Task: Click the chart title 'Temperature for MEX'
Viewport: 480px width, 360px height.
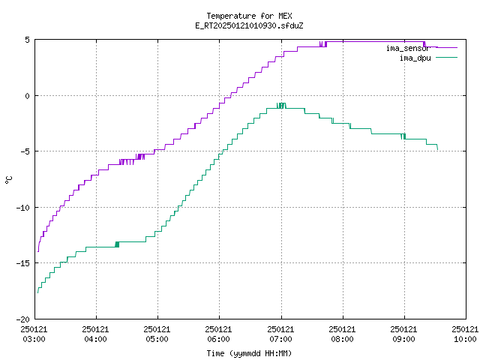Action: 249,16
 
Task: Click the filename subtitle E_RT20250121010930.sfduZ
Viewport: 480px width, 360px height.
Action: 249,25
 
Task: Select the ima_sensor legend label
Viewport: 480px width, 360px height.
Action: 408,48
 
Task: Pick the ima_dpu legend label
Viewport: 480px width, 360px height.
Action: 415,58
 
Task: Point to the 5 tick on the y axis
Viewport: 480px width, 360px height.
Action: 28,40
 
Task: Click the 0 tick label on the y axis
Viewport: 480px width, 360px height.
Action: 28,96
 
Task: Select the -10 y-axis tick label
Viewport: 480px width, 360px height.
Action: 23,208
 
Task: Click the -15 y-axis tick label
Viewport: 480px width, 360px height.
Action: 23,263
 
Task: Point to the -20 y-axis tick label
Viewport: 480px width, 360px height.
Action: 23,319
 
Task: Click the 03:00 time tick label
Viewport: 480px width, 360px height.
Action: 34,339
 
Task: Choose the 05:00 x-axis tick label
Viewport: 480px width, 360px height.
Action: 157,339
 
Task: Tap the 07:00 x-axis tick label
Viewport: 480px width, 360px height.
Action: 280,339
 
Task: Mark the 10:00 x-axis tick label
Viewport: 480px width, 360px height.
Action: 465,339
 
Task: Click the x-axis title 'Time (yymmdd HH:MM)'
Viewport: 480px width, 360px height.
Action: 249,353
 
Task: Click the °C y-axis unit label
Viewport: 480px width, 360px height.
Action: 9,180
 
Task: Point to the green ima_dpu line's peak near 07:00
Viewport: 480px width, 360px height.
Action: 281,104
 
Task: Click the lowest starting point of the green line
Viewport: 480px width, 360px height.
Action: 37,293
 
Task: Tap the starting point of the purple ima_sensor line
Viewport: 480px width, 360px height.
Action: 38,252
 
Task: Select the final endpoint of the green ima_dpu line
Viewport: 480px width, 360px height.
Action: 438,149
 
